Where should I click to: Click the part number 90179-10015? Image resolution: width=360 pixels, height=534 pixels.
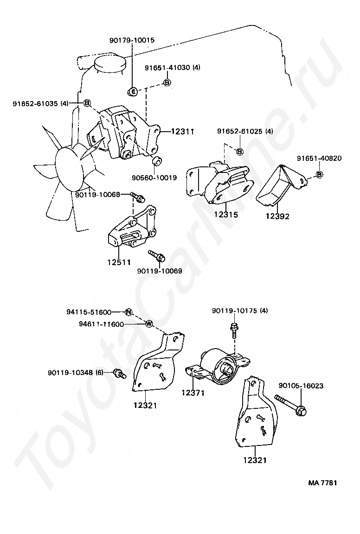[132, 40]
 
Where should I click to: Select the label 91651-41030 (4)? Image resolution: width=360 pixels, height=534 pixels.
[173, 67]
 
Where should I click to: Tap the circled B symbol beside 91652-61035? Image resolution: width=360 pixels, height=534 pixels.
[87, 102]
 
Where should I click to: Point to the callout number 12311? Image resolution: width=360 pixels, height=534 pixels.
[182, 132]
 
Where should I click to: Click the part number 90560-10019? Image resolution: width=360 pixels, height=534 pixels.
[154, 178]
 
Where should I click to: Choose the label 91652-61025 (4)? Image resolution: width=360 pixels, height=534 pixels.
[245, 131]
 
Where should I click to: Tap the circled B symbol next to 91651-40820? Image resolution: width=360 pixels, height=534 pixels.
[320, 175]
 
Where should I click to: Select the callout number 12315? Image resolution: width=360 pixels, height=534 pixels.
[226, 215]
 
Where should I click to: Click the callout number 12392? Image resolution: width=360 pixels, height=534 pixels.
[277, 216]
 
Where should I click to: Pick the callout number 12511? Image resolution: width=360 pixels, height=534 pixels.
[119, 262]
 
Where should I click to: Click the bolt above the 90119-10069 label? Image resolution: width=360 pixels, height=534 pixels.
[157, 256]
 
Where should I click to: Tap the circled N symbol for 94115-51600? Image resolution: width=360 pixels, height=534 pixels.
[129, 311]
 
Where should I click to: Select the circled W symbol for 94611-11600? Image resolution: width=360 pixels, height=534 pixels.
[149, 324]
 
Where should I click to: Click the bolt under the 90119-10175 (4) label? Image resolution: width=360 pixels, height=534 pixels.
[234, 329]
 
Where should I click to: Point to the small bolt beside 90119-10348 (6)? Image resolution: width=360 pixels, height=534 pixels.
[119, 374]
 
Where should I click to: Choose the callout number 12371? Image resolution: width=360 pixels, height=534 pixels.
[193, 393]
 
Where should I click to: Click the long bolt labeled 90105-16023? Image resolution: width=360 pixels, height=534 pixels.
[291, 405]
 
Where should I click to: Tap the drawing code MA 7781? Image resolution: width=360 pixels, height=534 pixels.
[322, 483]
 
